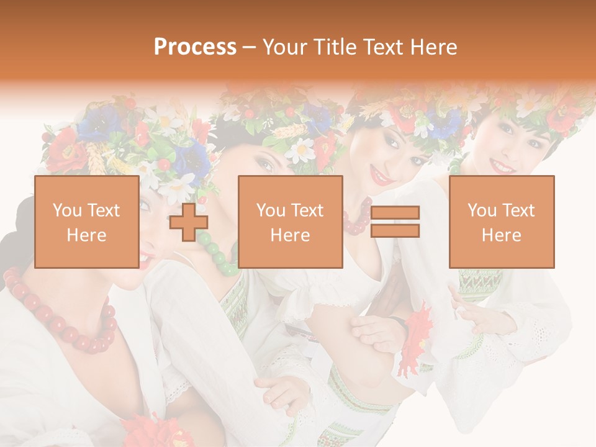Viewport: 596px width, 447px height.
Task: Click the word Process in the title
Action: [x=195, y=47]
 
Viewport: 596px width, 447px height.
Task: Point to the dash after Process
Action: [x=249, y=48]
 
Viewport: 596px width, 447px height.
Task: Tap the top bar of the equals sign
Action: [x=395, y=213]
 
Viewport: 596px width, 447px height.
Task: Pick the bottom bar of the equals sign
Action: [x=395, y=231]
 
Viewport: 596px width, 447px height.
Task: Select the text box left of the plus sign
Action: [x=86, y=222]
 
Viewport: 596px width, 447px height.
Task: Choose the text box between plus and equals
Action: [x=290, y=222]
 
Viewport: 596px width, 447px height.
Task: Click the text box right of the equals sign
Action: [x=501, y=222]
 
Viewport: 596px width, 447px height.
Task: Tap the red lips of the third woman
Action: [x=380, y=178]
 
